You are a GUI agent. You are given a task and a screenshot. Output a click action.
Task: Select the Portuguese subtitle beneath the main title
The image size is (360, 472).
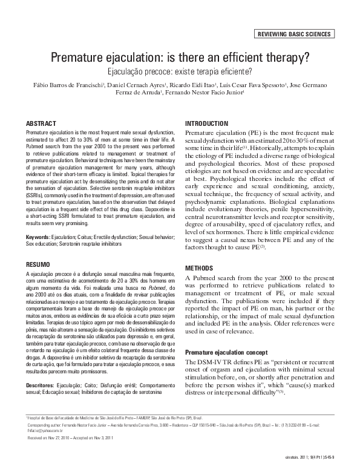[180, 71]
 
